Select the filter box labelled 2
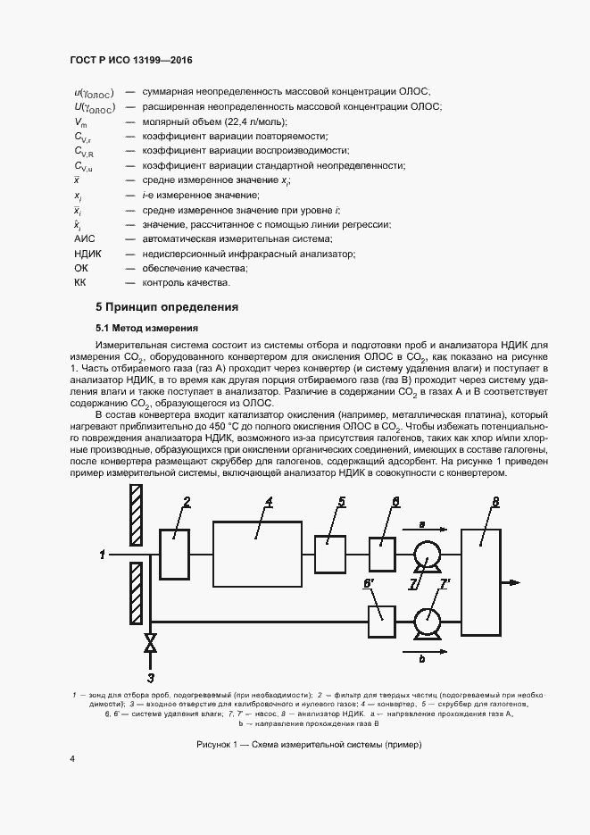[x=175, y=555]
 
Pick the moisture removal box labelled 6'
[x=381, y=614]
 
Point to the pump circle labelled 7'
[x=428, y=616]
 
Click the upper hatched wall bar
[x=136, y=514]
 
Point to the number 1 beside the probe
[x=102, y=555]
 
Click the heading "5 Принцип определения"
[x=168, y=307]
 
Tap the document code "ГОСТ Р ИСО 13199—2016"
[x=131, y=61]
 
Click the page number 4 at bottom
[x=73, y=758]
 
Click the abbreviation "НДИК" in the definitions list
[x=87, y=255]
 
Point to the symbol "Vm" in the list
[x=80, y=121]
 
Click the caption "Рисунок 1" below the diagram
[x=295, y=745]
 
